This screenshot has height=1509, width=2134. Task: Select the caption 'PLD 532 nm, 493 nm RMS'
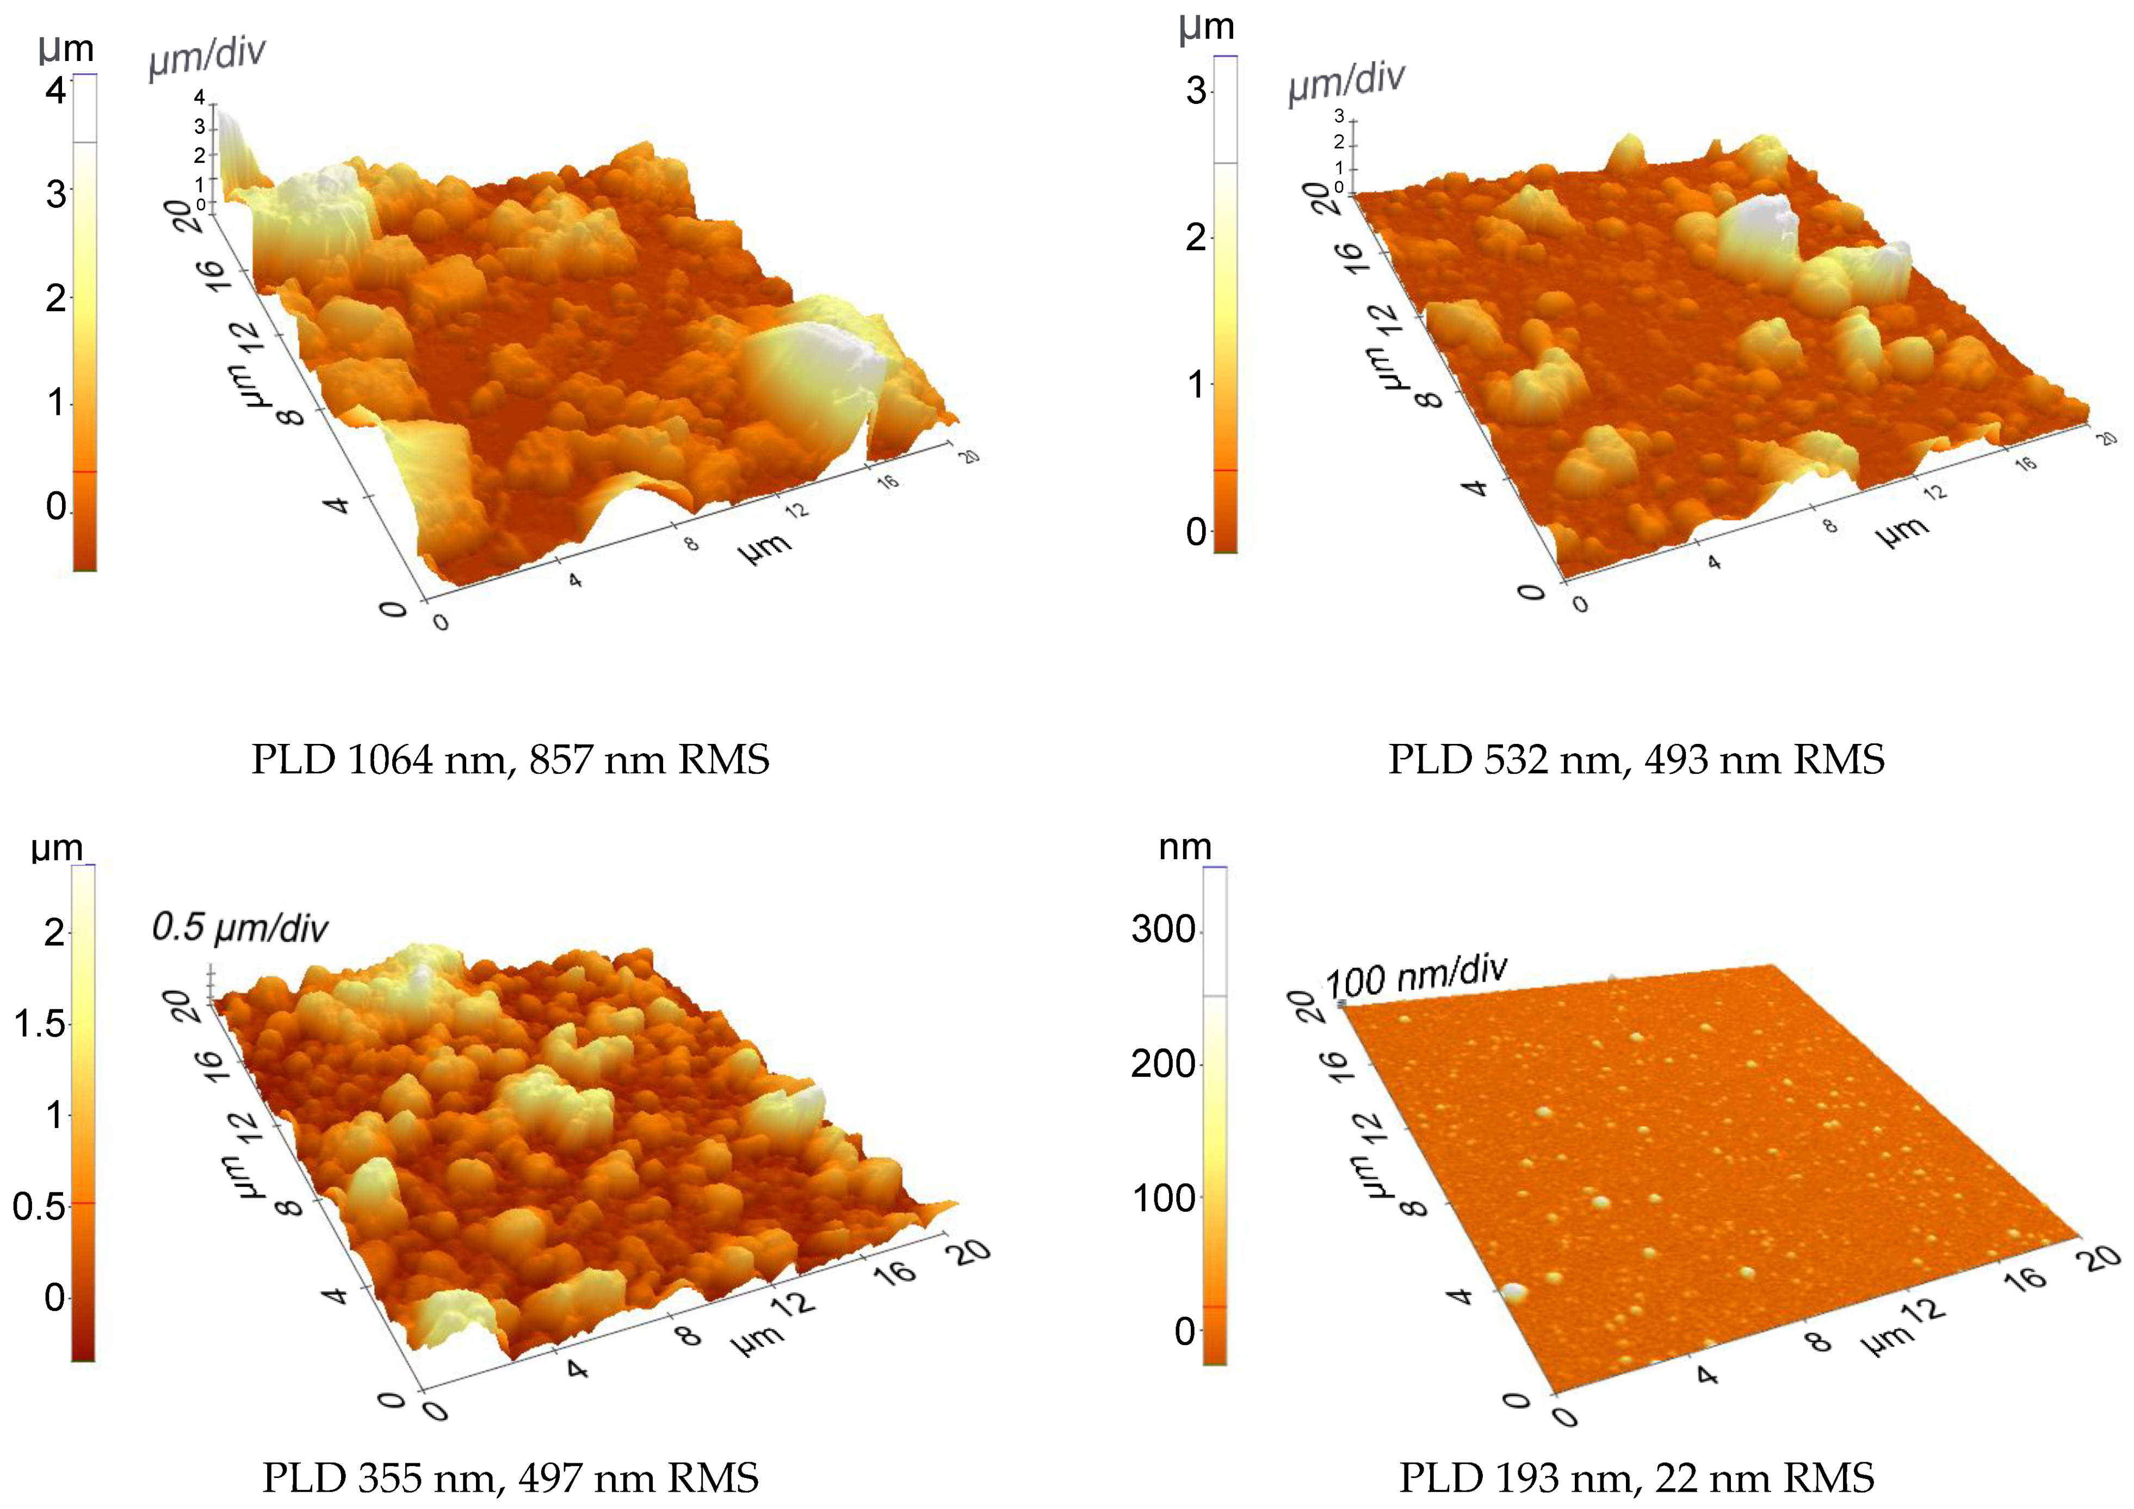[1636, 760]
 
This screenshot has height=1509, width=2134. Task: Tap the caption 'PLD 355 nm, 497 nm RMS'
[510, 1476]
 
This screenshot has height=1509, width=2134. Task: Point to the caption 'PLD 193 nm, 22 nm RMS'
[1636, 1476]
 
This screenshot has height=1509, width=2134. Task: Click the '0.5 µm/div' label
[240, 928]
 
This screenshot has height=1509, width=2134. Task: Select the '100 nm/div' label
[1415, 976]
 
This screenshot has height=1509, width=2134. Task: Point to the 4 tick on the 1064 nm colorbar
[56, 90]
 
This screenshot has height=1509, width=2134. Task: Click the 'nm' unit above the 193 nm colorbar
[1184, 847]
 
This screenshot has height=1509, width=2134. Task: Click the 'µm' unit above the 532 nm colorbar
[1207, 28]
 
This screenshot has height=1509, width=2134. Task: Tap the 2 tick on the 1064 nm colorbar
[56, 298]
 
